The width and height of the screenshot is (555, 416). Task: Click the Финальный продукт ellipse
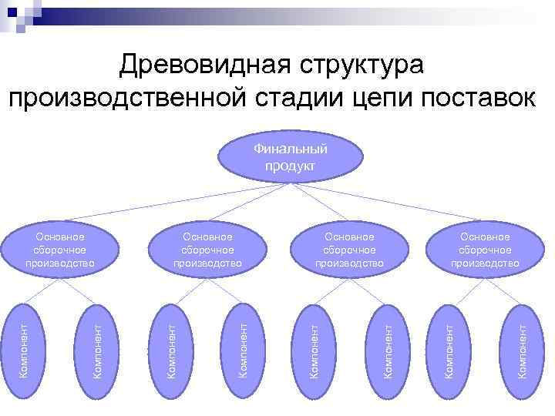click(290, 156)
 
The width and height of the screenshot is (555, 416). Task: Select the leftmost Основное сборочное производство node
click(60, 250)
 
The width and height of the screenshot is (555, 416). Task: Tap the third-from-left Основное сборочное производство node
click(349, 250)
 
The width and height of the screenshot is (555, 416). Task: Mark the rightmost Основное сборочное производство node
click(486, 250)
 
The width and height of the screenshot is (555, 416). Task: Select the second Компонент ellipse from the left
click(98, 342)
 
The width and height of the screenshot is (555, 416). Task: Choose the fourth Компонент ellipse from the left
click(243, 342)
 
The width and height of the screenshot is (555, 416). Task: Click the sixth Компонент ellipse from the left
click(389, 342)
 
